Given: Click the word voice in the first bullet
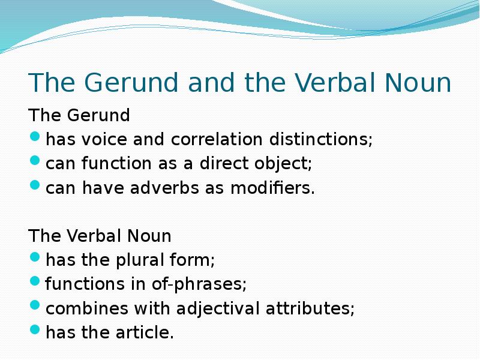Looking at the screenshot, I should [104, 140].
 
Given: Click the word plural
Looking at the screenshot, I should [130, 260].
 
